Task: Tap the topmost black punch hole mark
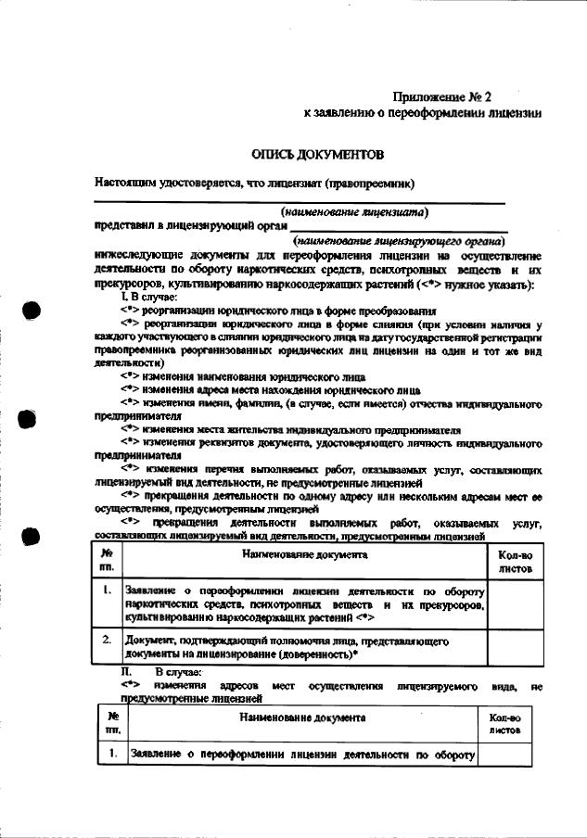click(x=30, y=311)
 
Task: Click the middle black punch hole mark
click(x=30, y=420)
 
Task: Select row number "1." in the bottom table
click(x=112, y=754)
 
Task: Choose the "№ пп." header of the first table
click(x=107, y=558)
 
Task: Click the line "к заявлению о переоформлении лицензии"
click(x=422, y=113)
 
